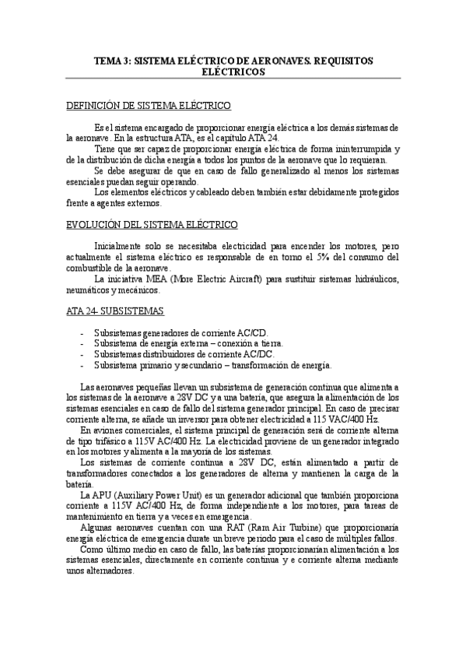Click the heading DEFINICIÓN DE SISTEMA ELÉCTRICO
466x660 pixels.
tap(147, 105)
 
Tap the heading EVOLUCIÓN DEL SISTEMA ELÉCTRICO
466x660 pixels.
tap(151, 226)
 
